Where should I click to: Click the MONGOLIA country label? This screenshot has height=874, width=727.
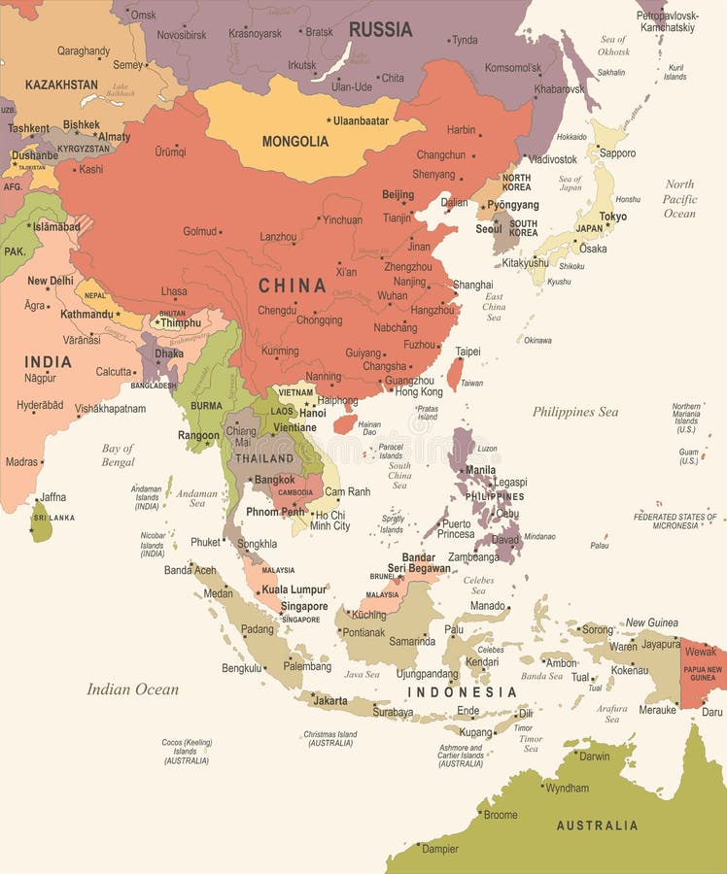click(x=294, y=141)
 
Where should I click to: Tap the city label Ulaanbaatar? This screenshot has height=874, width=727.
click(x=361, y=121)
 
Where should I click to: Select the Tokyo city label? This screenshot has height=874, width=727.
click(x=612, y=217)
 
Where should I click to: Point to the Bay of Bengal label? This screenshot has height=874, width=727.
click(x=118, y=454)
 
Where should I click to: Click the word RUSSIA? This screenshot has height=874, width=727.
click(x=380, y=29)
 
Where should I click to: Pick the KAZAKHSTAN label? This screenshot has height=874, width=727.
click(x=61, y=84)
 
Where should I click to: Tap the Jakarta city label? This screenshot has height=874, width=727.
click(x=330, y=700)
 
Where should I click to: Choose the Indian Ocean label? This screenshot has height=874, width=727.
click(x=132, y=689)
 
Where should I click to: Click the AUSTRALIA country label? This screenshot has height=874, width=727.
click(x=597, y=825)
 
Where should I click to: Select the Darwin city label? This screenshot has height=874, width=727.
click(x=594, y=756)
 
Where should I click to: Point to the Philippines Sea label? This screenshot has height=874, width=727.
click(x=574, y=412)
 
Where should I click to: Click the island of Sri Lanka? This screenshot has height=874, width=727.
click(x=41, y=521)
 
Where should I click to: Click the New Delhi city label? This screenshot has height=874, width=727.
click(x=50, y=281)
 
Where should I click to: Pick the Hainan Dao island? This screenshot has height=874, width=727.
click(x=344, y=424)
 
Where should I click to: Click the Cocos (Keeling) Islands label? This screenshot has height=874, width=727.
click(x=186, y=751)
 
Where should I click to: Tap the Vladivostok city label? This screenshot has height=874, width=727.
click(x=553, y=158)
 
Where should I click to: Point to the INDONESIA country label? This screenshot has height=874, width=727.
click(x=462, y=692)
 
